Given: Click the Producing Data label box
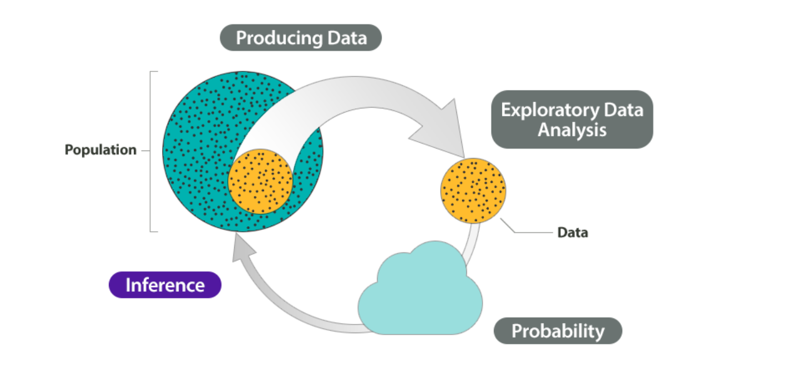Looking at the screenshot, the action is (x=301, y=38).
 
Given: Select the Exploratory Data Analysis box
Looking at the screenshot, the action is (x=572, y=120).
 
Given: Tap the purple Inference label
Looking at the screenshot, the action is (x=165, y=285).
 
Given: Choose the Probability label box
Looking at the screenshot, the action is (x=558, y=331).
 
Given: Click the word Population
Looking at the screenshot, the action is (x=101, y=150).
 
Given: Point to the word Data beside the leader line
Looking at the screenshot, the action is (x=573, y=232).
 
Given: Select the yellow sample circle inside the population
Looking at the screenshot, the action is (x=260, y=182).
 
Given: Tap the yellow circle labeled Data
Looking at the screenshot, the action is (x=473, y=191).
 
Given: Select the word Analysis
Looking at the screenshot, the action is (x=572, y=130).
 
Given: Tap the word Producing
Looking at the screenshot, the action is (x=279, y=38).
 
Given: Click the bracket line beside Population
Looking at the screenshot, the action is (x=151, y=152).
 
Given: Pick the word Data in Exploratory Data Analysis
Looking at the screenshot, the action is (x=623, y=110).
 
